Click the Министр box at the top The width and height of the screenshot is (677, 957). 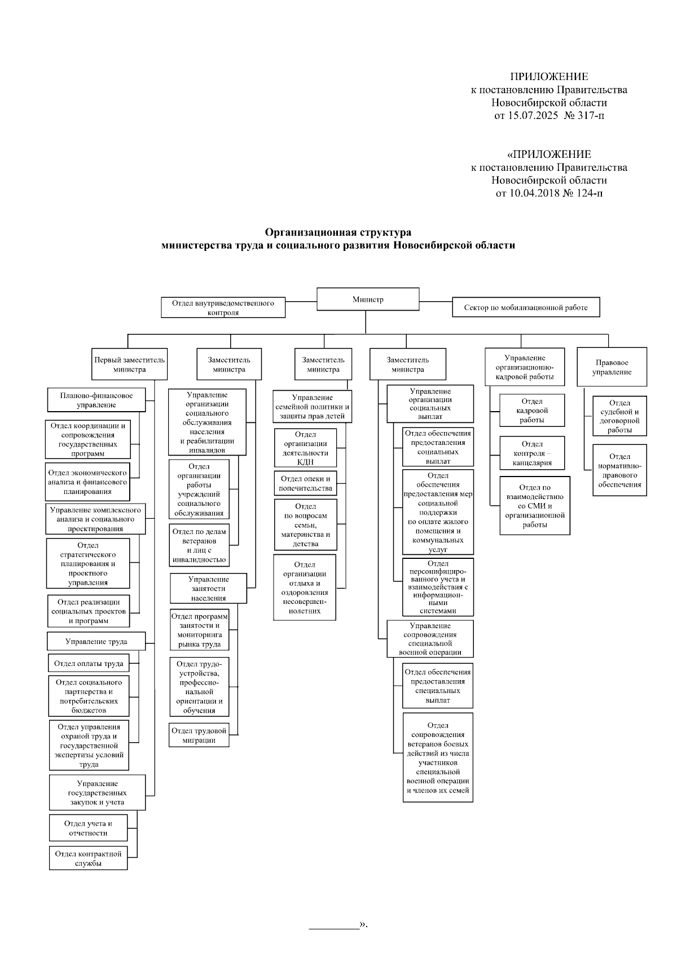[x=368, y=299]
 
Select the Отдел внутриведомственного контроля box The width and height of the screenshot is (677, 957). [x=223, y=307]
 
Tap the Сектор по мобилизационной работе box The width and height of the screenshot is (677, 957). [x=525, y=307]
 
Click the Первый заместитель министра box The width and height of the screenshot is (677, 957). [x=129, y=364]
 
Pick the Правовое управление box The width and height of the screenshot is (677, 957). [x=612, y=367]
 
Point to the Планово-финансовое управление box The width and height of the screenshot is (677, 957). [x=96, y=400]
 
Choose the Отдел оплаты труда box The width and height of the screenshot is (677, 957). [x=89, y=664]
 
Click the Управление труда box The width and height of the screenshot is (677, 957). [x=96, y=641]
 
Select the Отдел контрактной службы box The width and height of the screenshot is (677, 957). [x=88, y=858]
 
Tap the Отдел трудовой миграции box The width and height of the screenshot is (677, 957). [x=199, y=735]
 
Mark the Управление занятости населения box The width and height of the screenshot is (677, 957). [x=209, y=589]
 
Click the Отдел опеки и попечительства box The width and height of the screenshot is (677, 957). [x=305, y=483]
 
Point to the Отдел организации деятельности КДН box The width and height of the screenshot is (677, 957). [x=305, y=448]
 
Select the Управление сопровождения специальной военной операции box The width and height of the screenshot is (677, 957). [x=429, y=639]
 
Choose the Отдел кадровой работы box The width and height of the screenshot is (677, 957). [x=532, y=411]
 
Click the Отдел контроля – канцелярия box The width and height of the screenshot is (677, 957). [x=532, y=453]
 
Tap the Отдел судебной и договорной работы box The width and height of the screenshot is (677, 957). [x=619, y=416]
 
